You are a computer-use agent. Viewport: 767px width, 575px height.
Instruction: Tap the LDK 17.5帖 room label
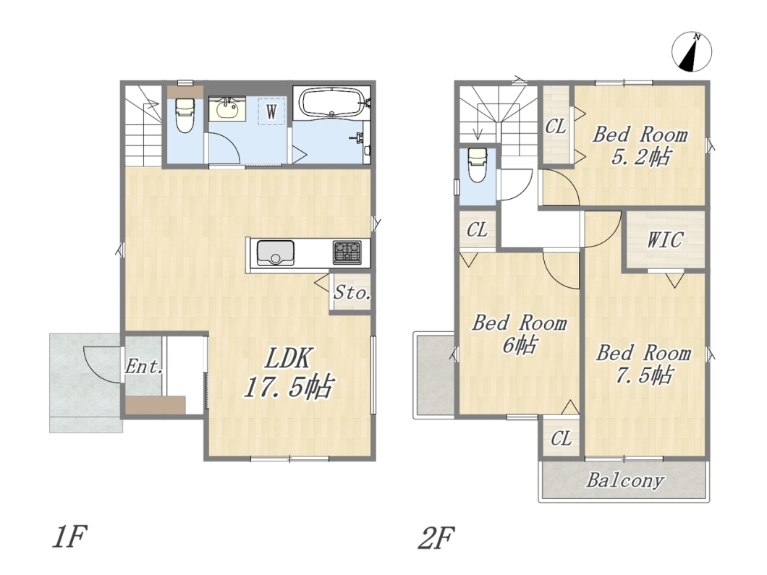tap(289, 373)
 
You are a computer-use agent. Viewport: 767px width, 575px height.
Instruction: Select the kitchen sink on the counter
tap(274, 252)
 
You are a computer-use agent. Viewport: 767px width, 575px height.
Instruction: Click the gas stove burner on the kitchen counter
tap(347, 252)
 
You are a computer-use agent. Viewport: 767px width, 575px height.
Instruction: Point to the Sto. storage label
tap(352, 294)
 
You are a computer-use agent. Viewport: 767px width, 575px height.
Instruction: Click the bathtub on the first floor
tap(332, 102)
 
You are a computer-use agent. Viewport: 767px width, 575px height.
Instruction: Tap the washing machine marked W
tap(271, 111)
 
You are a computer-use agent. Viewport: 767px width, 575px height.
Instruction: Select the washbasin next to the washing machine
tap(227, 108)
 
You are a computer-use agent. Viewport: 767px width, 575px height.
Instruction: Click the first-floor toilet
tap(185, 114)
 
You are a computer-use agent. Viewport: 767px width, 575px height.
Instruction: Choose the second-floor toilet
tap(478, 164)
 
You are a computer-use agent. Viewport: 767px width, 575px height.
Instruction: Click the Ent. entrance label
tap(143, 366)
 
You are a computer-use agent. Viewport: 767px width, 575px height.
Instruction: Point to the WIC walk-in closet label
tap(665, 240)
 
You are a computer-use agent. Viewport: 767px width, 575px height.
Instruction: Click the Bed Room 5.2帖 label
tap(640, 145)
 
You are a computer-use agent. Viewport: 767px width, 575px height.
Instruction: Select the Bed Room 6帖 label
tap(520, 334)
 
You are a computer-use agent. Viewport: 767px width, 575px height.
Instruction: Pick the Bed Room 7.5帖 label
tap(643, 364)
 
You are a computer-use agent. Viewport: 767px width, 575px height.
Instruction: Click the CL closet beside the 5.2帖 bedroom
tap(556, 127)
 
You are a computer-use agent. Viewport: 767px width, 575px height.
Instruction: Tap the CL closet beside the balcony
tap(561, 438)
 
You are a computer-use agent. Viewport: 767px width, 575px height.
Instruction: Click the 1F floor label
tap(69, 537)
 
